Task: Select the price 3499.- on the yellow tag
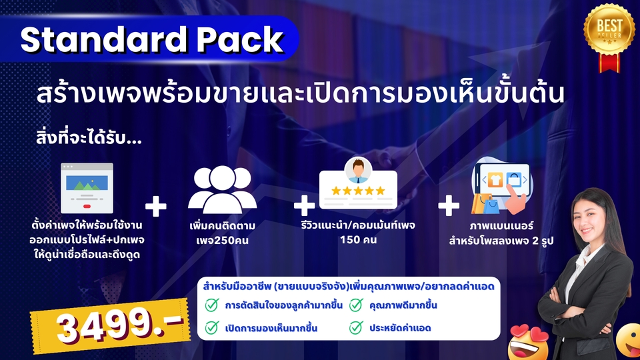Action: (120, 325)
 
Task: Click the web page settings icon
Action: (87, 188)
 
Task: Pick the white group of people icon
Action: (222, 189)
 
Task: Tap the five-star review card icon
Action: (358, 184)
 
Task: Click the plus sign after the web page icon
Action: (156, 206)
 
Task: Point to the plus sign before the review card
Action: (304, 205)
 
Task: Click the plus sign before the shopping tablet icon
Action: (449, 205)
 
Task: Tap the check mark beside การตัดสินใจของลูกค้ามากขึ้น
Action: (212, 305)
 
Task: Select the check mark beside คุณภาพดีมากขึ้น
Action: (356, 305)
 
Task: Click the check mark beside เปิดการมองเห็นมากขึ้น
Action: (212, 327)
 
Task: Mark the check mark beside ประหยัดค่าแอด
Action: (356, 327)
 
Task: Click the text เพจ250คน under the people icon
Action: (222, 240)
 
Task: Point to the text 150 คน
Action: (358, 239)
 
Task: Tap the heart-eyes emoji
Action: (529, 343)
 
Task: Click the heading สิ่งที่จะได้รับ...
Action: (89, 138)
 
